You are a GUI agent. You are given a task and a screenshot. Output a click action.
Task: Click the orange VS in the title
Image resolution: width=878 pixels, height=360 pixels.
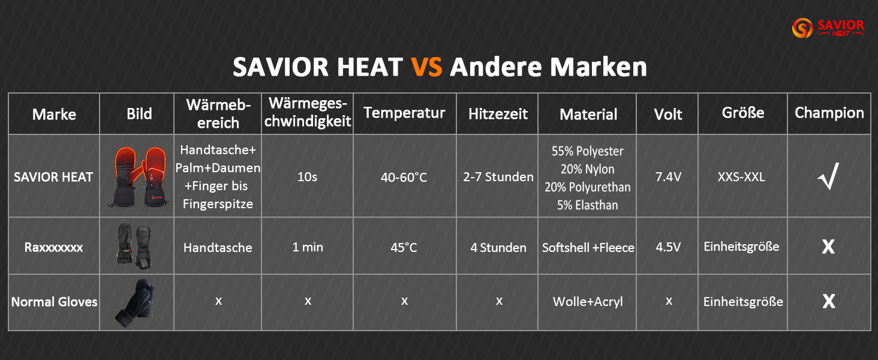[x=426, y=67]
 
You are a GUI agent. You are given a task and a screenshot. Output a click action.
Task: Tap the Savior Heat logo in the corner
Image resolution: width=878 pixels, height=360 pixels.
[x=828, y=28]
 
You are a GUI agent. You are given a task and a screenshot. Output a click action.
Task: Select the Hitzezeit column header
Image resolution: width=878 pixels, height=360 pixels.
[x=497, y=113]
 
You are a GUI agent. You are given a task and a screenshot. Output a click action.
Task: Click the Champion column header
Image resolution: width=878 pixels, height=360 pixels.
[x=829, y=113]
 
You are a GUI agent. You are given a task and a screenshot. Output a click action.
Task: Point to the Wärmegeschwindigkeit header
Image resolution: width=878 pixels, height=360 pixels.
[x=308, y=113]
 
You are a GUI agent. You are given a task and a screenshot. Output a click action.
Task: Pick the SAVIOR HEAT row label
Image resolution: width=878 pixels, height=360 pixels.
[x=53, y=177]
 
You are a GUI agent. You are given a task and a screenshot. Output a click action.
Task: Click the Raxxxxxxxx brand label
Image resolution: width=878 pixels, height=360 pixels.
[x=53, y=247]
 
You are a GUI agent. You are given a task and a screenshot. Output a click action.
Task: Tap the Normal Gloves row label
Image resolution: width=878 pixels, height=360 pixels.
[x=54, y=302]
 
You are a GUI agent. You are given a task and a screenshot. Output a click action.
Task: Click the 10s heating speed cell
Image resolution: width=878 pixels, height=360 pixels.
[x=308, y=177]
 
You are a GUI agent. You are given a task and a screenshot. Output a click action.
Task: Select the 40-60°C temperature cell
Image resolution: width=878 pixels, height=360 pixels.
[x=404, y=177]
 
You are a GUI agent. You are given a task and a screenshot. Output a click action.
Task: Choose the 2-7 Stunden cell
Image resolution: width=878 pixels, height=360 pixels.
[x=498, y=177]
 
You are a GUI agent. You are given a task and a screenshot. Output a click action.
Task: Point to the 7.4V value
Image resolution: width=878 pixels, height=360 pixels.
[x=668, y=177]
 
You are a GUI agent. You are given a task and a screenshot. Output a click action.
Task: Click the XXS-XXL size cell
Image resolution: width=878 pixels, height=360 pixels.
[x=742, y=177]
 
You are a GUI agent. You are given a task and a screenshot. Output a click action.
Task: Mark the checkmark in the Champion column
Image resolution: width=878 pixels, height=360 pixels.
[x=828, y=176]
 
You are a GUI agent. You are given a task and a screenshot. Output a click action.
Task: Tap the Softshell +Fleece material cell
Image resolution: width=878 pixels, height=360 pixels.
[x=588, y=247]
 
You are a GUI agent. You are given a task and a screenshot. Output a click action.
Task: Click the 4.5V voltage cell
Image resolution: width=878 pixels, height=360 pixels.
[x=668, y=247]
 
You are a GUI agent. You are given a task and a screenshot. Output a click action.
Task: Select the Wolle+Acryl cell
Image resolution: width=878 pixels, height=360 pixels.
[x=588, y=302]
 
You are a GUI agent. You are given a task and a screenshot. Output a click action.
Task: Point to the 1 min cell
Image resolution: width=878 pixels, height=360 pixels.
[x=308, y=247]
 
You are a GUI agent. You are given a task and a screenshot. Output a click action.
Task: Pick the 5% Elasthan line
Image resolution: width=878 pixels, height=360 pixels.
[x=588, y=205]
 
